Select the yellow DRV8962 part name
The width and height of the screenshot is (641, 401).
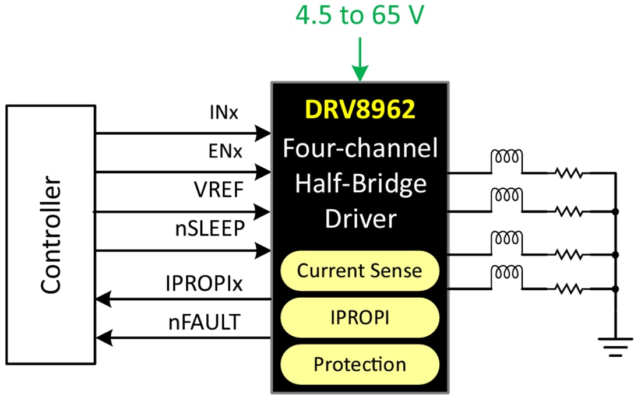(x=360, y=110)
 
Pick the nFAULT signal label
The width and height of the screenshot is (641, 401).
(x=205, y=322)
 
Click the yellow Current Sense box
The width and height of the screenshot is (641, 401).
(x=359, y=270)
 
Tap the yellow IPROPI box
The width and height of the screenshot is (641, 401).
(x=359, y=318)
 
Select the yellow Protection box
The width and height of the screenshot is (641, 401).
(x=359, y=365)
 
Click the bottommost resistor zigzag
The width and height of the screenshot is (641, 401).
(x=569, y=289)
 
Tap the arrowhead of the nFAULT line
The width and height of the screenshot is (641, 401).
(x=103, y=337)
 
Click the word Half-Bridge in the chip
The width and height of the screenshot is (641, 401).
(x=360, y=184)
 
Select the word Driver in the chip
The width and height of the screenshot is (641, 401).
(x=360, y=219)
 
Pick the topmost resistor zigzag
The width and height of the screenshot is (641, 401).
(x=569, y=173)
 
